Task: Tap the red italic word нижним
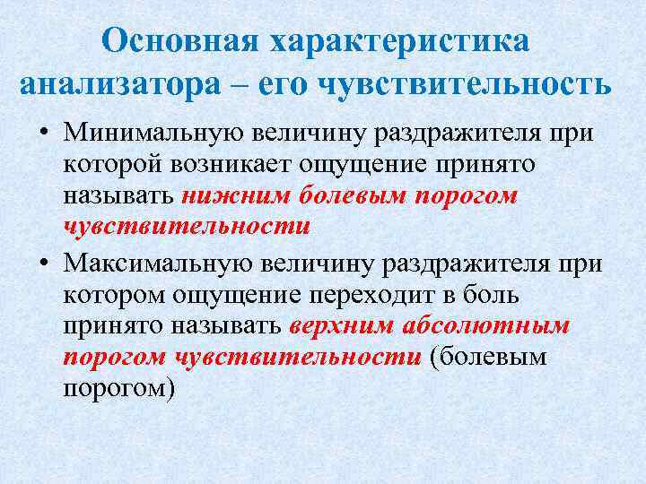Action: (223, 195)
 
